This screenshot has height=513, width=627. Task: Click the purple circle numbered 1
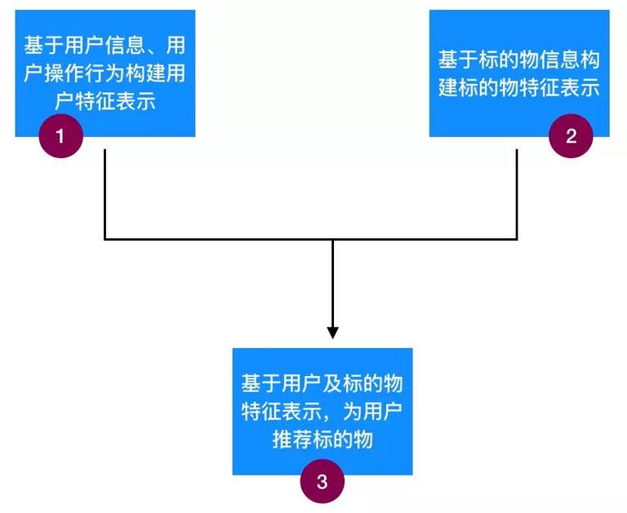[61, 135]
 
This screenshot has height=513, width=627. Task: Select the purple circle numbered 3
[322, 480]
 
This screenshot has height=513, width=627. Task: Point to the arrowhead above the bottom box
[332, 332]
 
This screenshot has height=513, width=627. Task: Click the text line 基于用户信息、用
[104, 42]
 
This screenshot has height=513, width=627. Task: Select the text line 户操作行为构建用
[104, 73]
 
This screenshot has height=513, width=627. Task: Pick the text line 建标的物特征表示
[519, 88]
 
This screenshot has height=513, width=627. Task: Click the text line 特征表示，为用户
[322, 411]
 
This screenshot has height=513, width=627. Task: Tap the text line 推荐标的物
[322, 440]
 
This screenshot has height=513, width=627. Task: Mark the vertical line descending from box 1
[105, 192]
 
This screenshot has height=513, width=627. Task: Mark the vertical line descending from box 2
[517, 192]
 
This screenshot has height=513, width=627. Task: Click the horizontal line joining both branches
[220, 239]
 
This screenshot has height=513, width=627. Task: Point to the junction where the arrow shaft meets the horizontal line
[332, 239]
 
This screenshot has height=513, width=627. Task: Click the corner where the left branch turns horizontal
[105, 239]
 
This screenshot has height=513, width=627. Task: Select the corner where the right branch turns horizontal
[517, 239]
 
